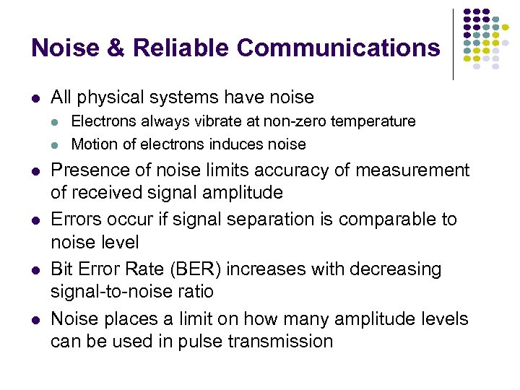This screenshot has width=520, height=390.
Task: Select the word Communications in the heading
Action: point(337,48)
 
